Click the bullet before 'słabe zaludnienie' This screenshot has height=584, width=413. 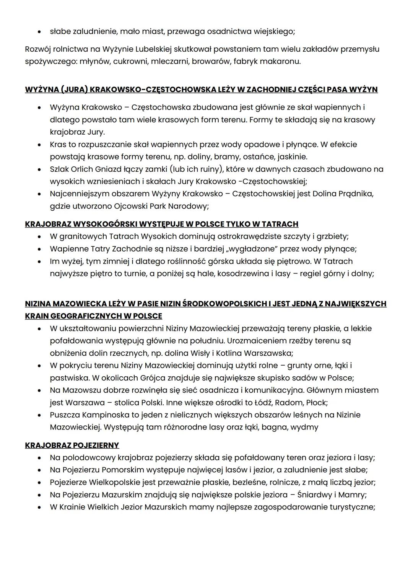click(x=39, y=32)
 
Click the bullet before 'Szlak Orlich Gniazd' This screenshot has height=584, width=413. click(x=39, y=169)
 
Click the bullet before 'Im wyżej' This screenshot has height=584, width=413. click(x=39, y=262)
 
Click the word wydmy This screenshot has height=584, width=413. click(x=304, y=427)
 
